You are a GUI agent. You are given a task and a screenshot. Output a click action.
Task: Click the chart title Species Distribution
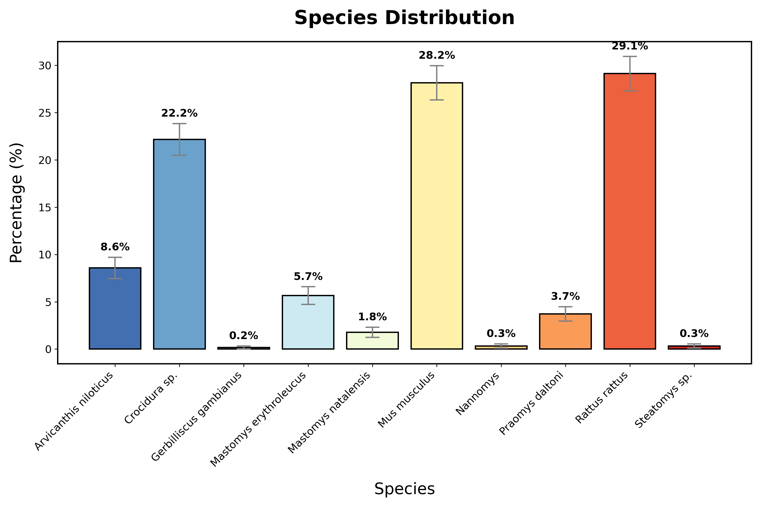click(x=404, y=18)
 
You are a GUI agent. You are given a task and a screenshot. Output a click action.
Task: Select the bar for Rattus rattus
click(x=630, y=220)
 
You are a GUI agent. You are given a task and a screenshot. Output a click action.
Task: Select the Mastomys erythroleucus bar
click(x=308, y=323)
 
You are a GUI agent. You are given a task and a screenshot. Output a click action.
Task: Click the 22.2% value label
click(x=179, y=113)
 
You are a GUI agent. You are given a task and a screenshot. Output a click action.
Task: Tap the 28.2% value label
click(x=437, y=56)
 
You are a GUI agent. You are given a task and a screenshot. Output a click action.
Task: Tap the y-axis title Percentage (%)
click(x=16, y=203)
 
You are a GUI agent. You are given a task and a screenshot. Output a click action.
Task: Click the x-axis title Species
click(x=404, y=489)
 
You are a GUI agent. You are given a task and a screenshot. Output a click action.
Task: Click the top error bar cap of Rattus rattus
click(x=630, y=57)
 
